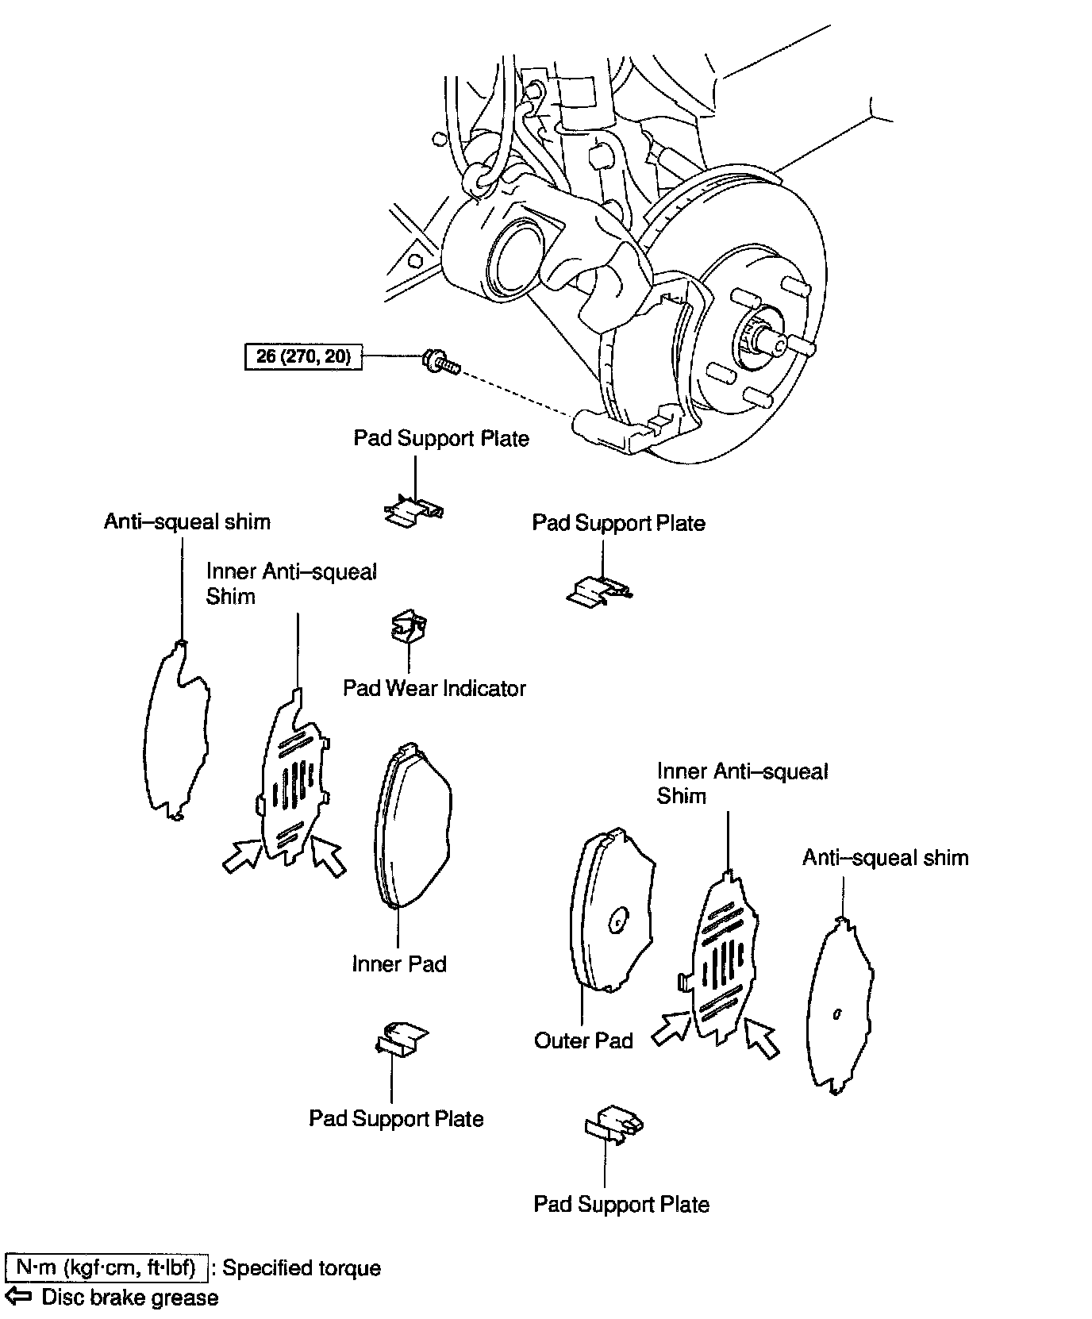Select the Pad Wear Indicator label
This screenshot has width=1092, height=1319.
[434, 687]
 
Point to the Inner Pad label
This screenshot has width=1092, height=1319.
[399, 963]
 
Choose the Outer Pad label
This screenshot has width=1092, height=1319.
[583, 1040]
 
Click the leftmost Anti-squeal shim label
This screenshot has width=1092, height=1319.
[187, 521]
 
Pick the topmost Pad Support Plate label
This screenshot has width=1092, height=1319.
[441, 438]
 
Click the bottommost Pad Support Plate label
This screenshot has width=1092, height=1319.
[621, 1204]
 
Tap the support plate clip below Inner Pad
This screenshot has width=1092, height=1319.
[401, 1038]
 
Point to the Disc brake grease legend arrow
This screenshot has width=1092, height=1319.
[19, 1297]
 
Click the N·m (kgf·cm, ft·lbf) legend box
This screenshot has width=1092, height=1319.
[106, 1267]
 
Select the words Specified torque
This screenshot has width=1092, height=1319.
[302, 1267]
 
